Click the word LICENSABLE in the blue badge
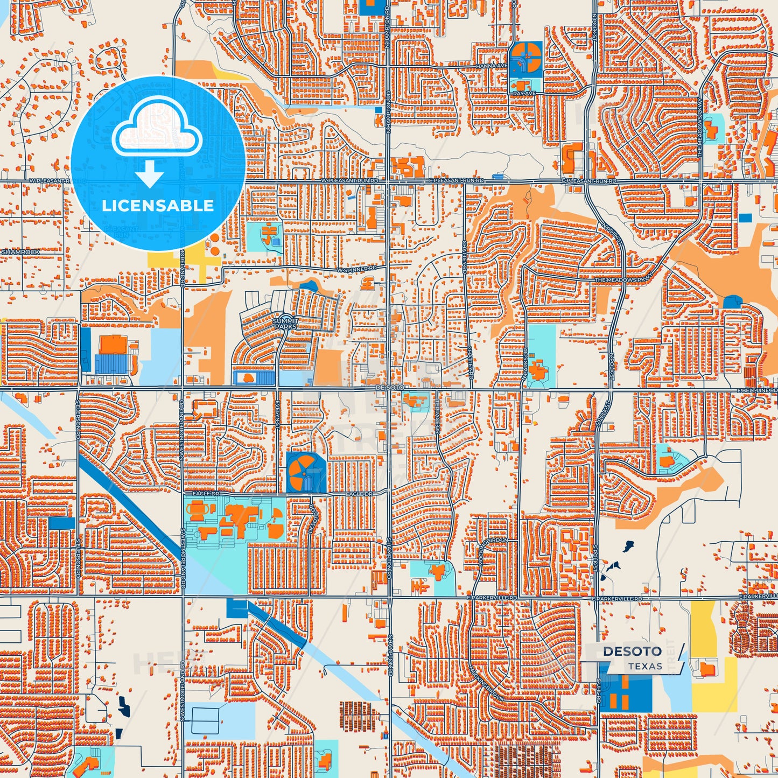(158, 206)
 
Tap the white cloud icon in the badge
(157, 129)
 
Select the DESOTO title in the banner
(632, 651)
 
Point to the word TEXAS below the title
(645, 667)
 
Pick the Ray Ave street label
(524, 93)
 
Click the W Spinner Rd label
(357, 268)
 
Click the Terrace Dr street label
(438, 418)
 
